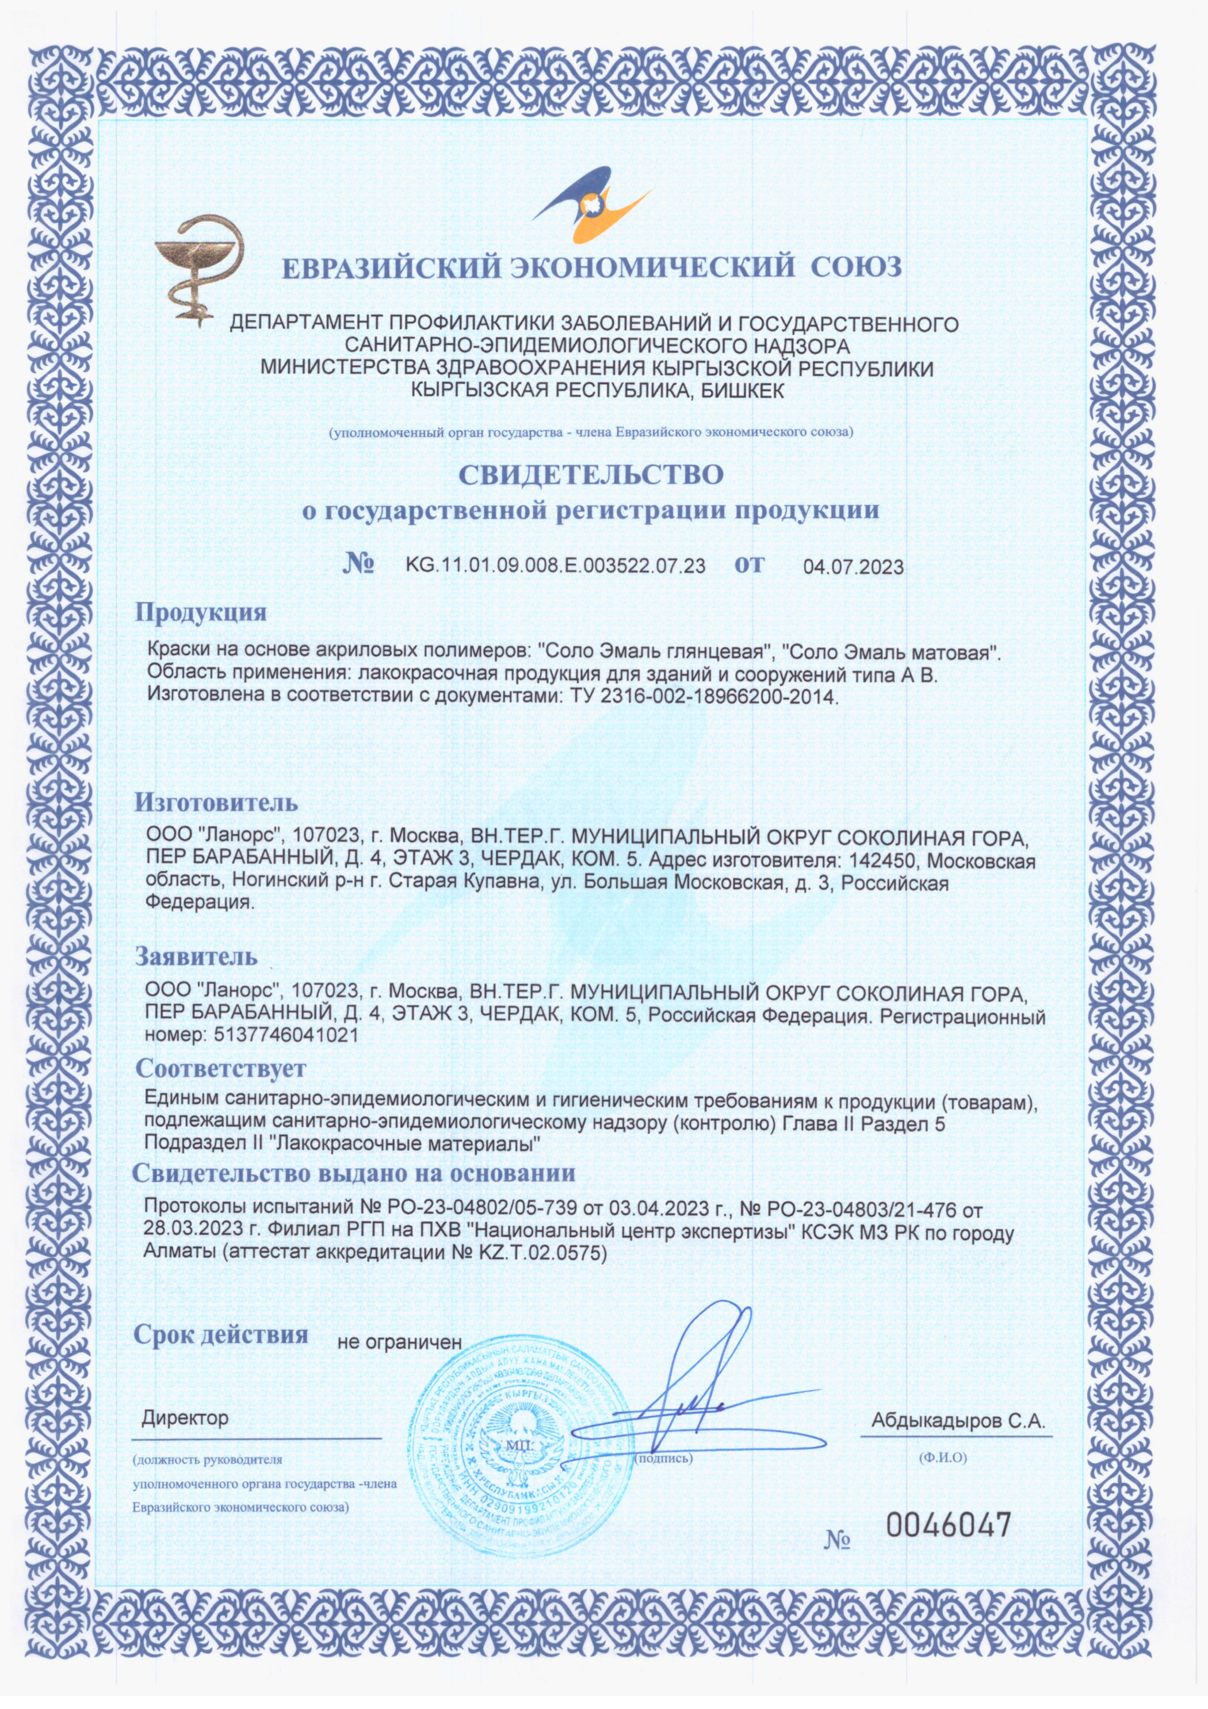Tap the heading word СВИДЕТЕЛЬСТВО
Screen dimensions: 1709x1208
pos(590,475)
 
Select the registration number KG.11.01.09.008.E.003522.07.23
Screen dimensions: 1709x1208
pos(555,565)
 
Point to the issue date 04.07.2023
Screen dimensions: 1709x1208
pos(853,567)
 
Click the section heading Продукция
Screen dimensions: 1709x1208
pos(200,613)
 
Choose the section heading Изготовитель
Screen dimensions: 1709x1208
pos(216,802)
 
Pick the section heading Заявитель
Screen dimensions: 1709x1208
pos(196,956)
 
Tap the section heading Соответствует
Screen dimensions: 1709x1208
pos(220,1068)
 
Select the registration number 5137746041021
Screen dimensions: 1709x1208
pos(286,1035)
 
